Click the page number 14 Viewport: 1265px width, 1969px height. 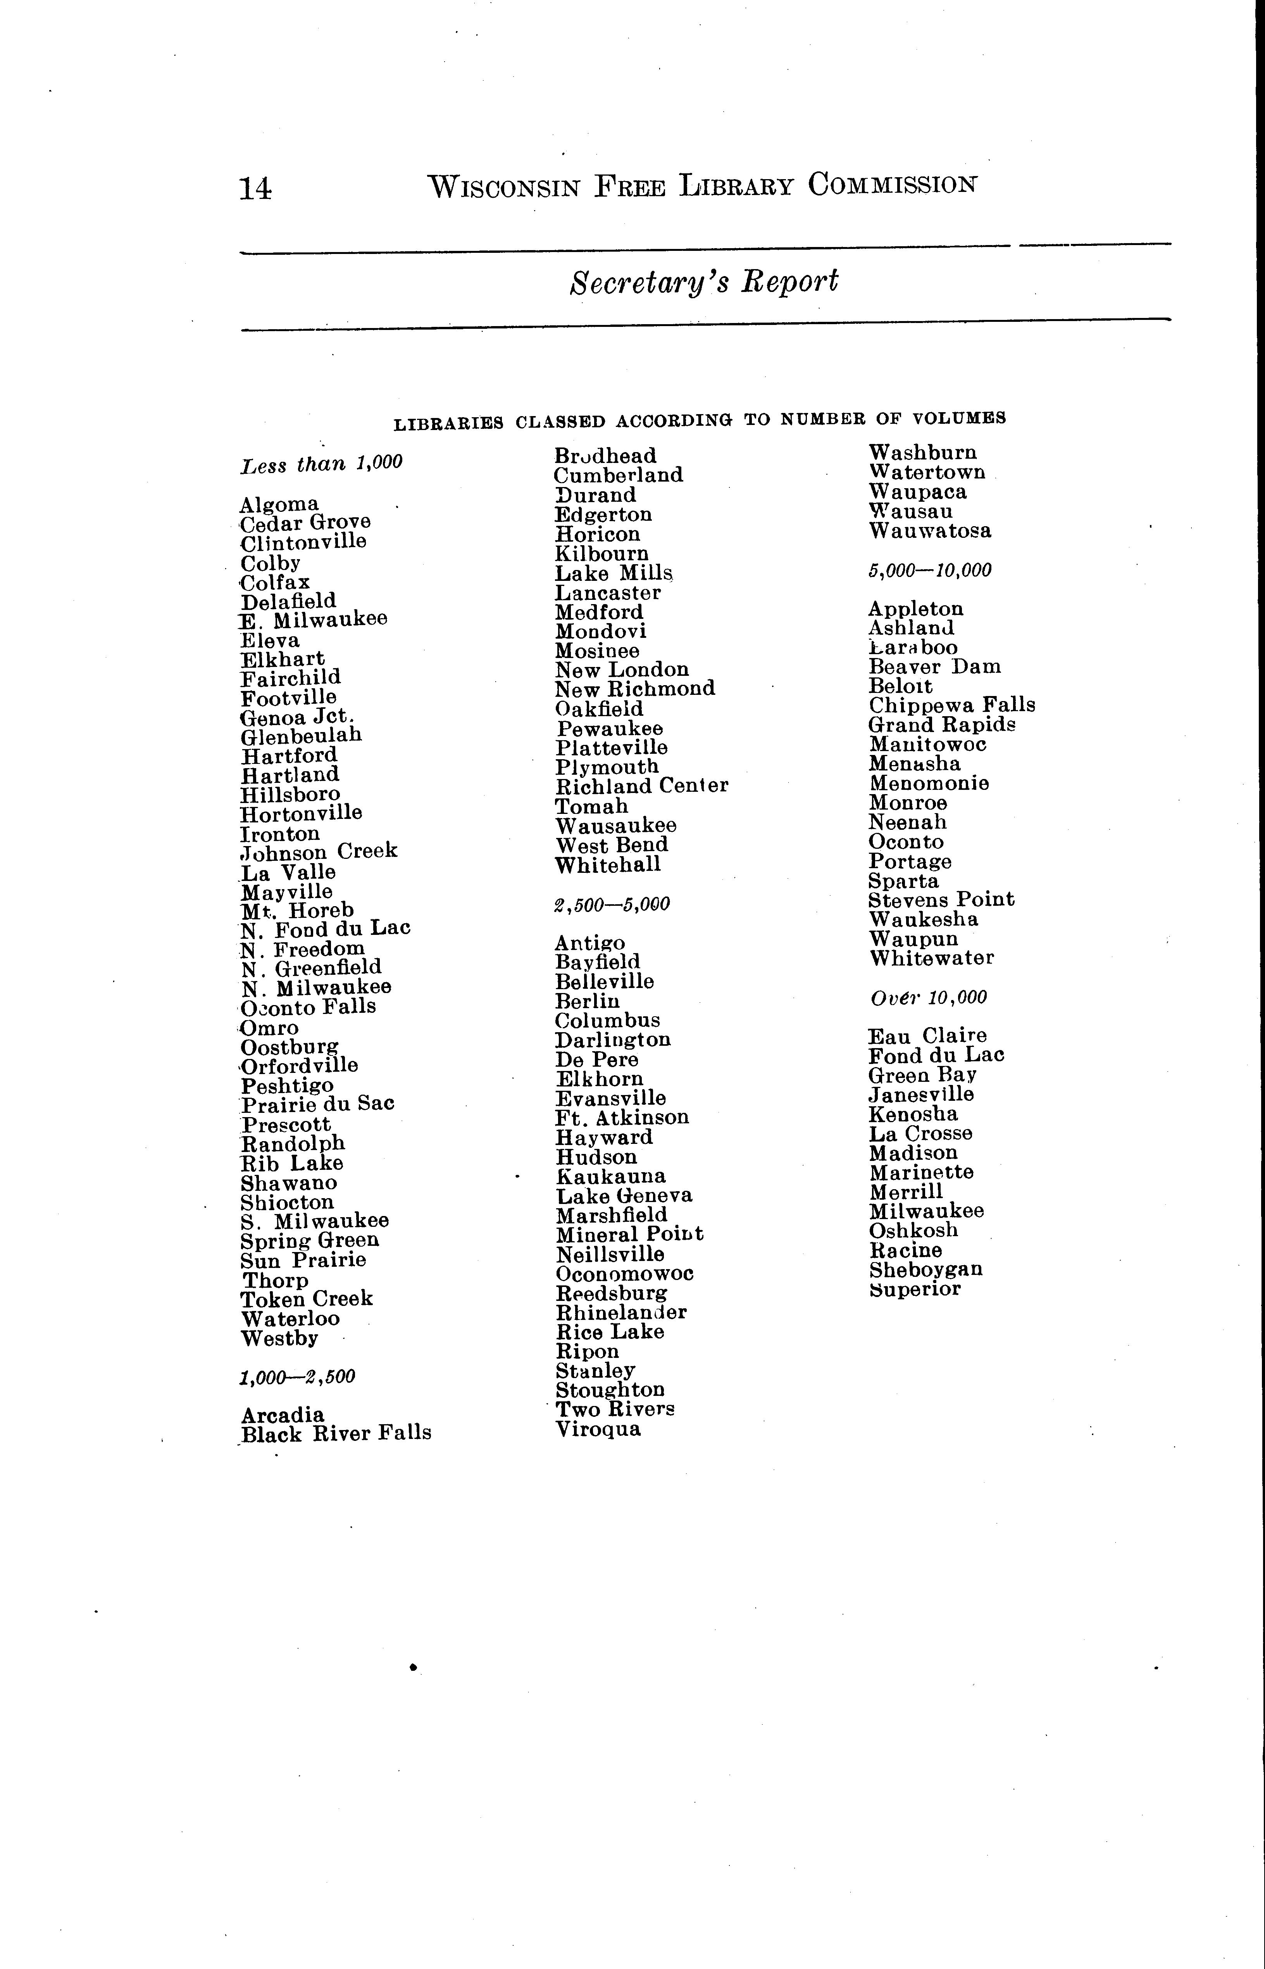pyautogui.click(x=255, y=189)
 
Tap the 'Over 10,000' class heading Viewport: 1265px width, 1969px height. pyautogui.click(x=928, y=998)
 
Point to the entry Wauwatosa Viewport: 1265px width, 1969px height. pyautogui.click(x=930, y=531)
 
